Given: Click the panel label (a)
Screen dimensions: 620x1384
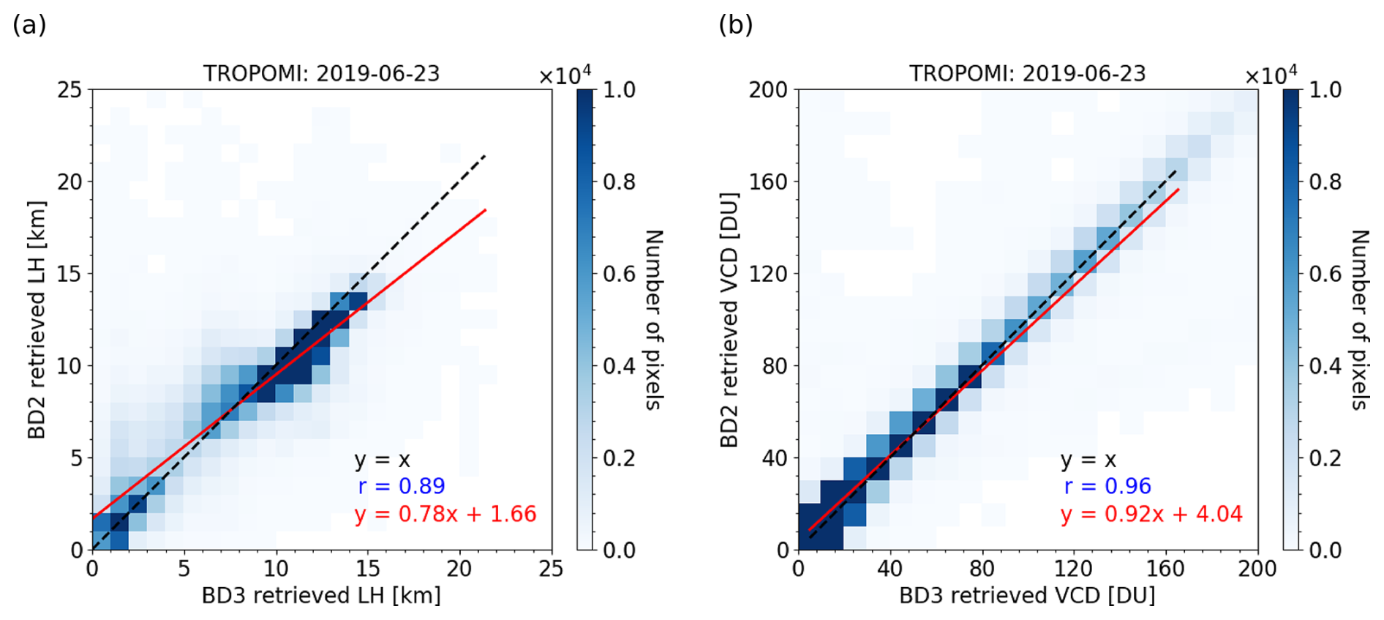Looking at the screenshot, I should [x=29, y=26].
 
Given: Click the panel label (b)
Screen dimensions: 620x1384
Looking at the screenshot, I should [x=735, y=26].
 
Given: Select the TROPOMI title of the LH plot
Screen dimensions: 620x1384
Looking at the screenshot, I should [x=321, y=74].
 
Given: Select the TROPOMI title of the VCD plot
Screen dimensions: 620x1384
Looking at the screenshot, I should [x=1027, y=74].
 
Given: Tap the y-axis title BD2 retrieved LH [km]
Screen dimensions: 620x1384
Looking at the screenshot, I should [x=37, y=320].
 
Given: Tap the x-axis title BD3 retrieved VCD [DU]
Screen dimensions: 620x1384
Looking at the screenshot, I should [x=1027, y=596].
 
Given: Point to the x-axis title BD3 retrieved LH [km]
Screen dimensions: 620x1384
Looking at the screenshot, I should [x=321, y=596].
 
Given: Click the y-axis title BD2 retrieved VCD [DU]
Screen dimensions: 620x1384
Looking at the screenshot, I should [x=729, y=320].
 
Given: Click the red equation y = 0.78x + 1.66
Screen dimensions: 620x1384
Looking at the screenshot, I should [x=445, y=514].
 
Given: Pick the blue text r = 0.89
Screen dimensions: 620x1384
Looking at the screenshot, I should [x=402, y=486].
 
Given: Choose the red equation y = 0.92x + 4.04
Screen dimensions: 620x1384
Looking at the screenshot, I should [x=1151, y=514].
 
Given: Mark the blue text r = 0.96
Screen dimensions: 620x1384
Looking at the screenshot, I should [x=1107, y=486].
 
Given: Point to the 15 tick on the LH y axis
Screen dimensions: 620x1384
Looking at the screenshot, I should [x=70, y=274].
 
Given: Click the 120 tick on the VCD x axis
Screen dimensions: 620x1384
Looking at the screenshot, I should [x=1073, y=569].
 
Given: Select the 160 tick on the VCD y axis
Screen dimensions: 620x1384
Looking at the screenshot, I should [x=768, y=182].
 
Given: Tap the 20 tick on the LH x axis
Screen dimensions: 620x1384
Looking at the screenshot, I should [x=459, y=569].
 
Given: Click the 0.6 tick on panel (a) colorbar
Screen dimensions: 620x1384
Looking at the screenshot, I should [x=619, y=274].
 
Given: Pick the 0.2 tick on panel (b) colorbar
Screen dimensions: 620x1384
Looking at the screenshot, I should [x=1325, y=458].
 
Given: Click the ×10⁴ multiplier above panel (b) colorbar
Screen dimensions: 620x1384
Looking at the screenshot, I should [x=1271, y=75].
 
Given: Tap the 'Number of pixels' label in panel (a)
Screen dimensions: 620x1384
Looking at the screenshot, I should [x=653, y=320].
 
